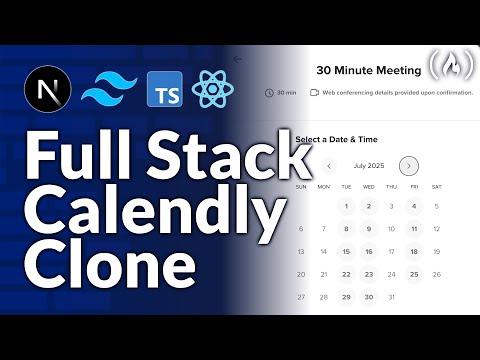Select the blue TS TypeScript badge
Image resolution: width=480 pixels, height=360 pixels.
(x=164, y=91)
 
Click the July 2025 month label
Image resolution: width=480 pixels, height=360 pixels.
(x=369, y=166)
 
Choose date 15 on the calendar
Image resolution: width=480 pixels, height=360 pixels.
(x=346, y=252)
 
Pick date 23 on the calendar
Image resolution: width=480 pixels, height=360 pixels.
(x=369, y=274)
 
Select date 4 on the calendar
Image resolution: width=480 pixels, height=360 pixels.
(x=414, y=207)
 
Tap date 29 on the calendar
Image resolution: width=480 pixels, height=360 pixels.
(x=346, y=297)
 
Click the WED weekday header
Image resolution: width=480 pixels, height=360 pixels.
(x=369, y=186)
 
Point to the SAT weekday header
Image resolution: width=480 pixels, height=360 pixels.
(x=437, y=186)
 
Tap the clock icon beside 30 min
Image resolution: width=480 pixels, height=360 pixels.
(x=269, y=93)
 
